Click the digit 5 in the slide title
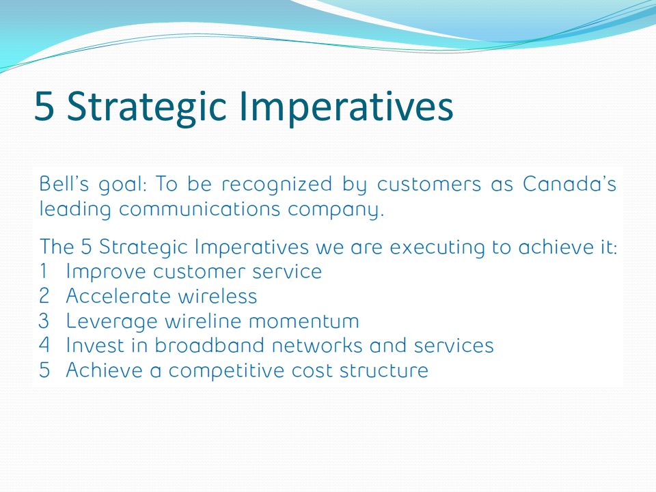pos(44,105)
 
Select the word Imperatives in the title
pos(346,107)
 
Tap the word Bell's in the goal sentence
pos(64,184)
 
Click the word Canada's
pos(569,184)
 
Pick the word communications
pos(200,209)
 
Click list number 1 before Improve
pos(44,271)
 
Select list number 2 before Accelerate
pos(44,296)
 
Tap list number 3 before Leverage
pos(44,321)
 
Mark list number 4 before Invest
pos(44,345)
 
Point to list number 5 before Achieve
pos(44,370)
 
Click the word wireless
pos(217,296)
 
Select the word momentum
pos(304,322)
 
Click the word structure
pos(384,370)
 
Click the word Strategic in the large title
pos(147,107)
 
